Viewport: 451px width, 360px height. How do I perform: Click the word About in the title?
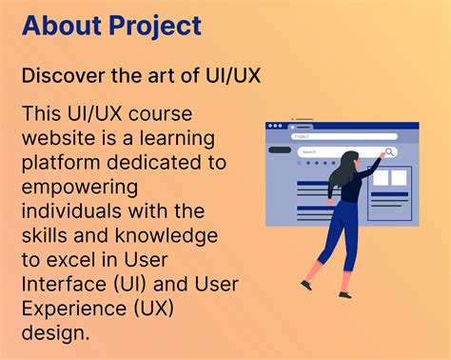[x=58, y=25]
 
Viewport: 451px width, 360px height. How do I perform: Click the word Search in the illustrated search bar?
[x=309, y=151]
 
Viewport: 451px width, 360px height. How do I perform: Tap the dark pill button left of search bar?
[x=280, y=150]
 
